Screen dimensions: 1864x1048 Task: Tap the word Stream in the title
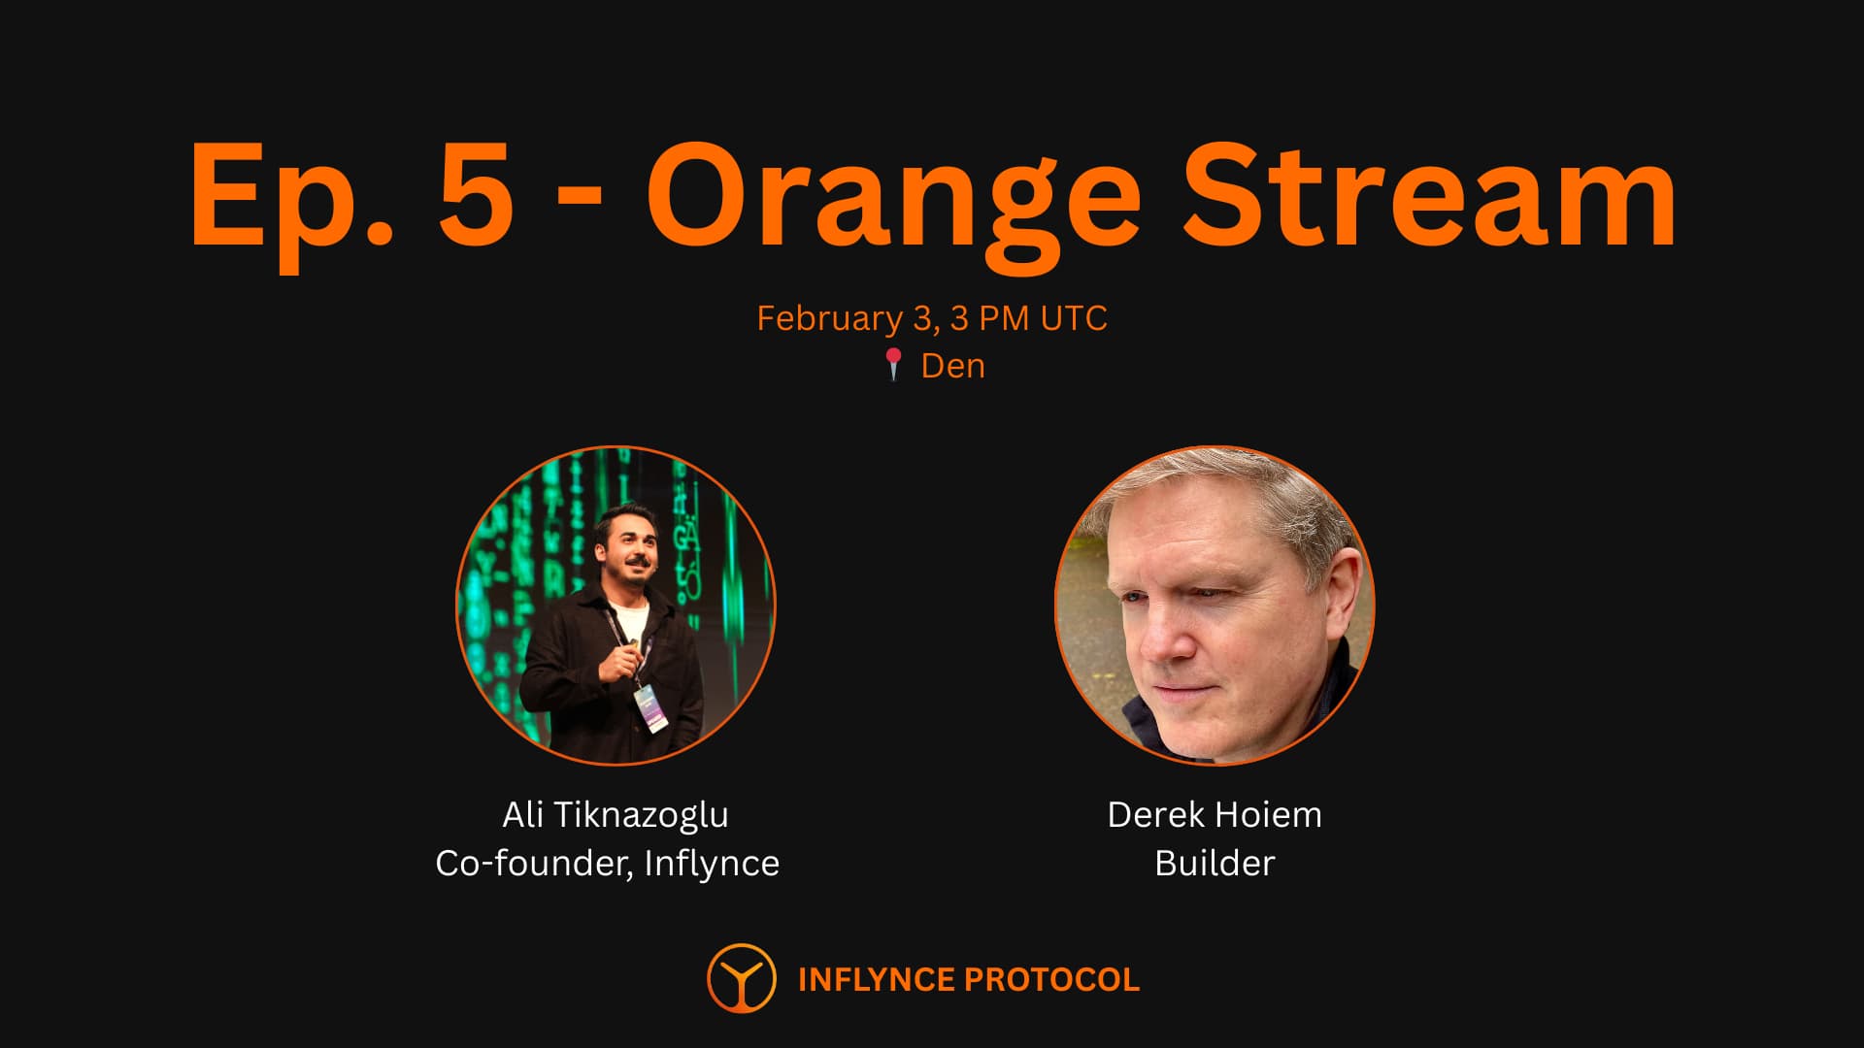(x=1429, y=194)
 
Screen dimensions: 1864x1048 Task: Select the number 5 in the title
(x=477, y=194)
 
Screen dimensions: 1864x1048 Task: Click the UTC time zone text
(x=1074, y=318)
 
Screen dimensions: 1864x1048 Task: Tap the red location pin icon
(x=894, y=365)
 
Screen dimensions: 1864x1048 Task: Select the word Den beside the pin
(x=952, y=366)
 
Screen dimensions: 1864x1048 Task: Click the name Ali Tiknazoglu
(x=616, y=815)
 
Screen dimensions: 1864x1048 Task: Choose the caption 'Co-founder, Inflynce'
(x=608, y=864)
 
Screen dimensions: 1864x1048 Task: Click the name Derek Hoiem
(x=1215, y=815)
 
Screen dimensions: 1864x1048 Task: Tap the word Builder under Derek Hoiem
(x=1215, y=864)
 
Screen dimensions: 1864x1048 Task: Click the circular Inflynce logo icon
(x=742, y=978)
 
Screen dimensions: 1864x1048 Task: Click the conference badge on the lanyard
(x=650, y=708)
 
